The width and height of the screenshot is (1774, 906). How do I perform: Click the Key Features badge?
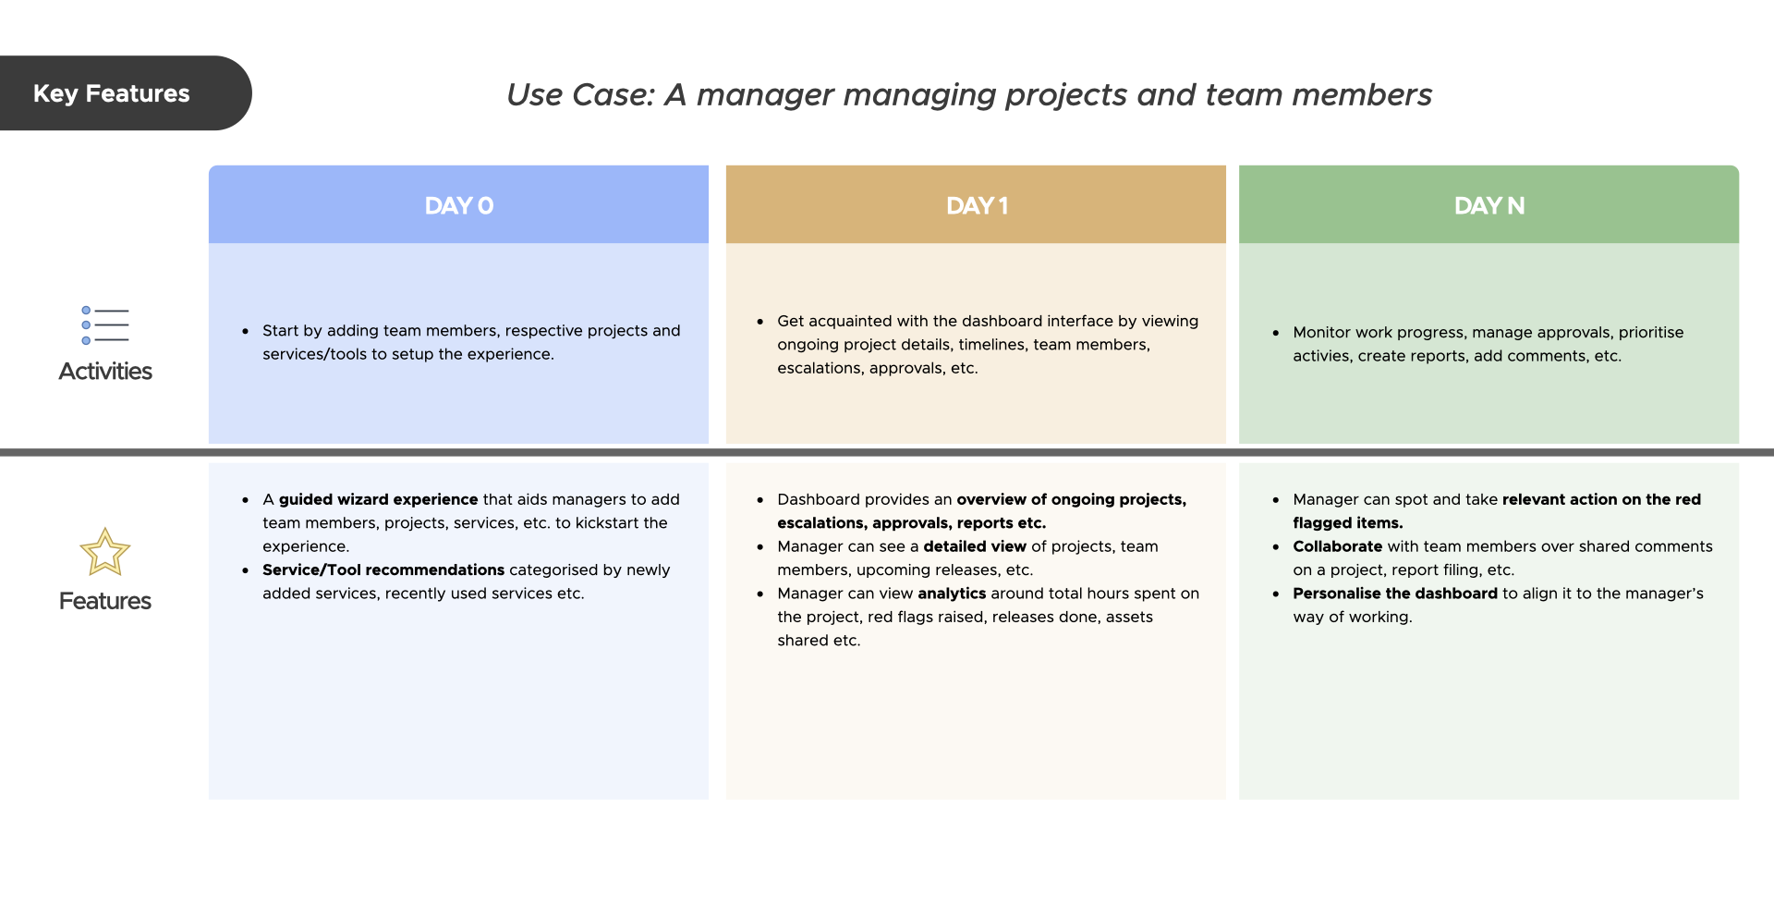click(x=112, y=93)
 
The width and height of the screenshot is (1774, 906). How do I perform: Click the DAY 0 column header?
click(x=458, y=205)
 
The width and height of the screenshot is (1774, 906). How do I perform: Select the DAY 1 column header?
click(x=976, y=205)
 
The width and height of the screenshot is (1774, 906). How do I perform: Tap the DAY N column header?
click(x=1488, y=205)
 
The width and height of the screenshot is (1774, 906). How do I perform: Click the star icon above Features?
click(x=104, y=552)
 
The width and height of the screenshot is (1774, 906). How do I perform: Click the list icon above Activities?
click(x=104, y=325)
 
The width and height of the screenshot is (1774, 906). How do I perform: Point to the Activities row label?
click(x=104, y=372)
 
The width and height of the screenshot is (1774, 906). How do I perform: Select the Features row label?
click(x=104, y=601)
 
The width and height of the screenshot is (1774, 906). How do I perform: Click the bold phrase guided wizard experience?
click(x=378, y=499)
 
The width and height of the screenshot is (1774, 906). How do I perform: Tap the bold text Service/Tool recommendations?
click(x=383, y=570)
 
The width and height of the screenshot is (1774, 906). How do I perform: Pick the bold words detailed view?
click(x=974, y=546)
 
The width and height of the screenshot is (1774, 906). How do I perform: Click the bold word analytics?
click(x=951, y=594)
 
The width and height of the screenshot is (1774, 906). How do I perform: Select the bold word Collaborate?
click(x=1337, y=546)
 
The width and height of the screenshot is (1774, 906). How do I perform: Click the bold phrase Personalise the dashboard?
click(x=1394, y=594)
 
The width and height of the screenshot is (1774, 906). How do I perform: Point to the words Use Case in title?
click(x=579, y=95)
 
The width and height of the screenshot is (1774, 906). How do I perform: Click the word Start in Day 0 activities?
click(x=280, y=331)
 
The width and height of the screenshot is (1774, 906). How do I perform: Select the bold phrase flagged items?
click(x=1347, y=523)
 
